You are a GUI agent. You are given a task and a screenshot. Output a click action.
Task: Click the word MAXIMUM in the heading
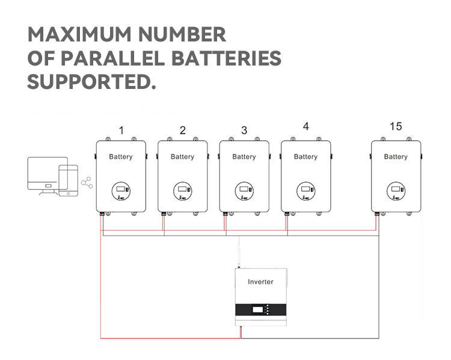tap(79, 34)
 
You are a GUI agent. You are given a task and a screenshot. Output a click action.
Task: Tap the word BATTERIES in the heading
tap(226, 58)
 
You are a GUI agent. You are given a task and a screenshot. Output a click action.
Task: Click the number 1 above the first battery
tap(121, 130)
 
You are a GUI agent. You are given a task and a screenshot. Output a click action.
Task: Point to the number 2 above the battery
tap(183, 130)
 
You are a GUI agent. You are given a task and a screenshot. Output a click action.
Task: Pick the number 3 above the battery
tap(244, 130)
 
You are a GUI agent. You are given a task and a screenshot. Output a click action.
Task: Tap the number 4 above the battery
tap(305, 126)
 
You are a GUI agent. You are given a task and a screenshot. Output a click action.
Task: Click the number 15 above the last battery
tap(396, 126)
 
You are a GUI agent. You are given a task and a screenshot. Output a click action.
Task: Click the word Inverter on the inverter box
tap(260, 282)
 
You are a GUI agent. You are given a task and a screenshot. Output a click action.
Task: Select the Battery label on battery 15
tap(396, 157)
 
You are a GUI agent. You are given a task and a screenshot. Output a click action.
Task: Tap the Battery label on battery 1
tap(121, 157)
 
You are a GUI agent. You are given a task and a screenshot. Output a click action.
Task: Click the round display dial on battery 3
tap(244, 191)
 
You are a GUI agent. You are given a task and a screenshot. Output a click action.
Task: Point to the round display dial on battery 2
tap(183, 191)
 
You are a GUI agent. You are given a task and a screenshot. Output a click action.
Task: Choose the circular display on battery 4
tap(305, 191)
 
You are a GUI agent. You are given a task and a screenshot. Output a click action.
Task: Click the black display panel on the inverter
tap(261, 310)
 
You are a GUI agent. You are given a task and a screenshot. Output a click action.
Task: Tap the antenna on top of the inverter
tap(239, 252)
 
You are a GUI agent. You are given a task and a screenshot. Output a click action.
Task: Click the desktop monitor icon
tap(48, 175)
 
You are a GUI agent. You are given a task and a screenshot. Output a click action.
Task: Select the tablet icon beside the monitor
tap(68, 180)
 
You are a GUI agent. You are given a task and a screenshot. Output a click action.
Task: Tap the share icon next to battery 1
tap(87, 183)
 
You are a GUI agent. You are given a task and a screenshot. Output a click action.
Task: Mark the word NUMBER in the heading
tap(182, 34)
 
